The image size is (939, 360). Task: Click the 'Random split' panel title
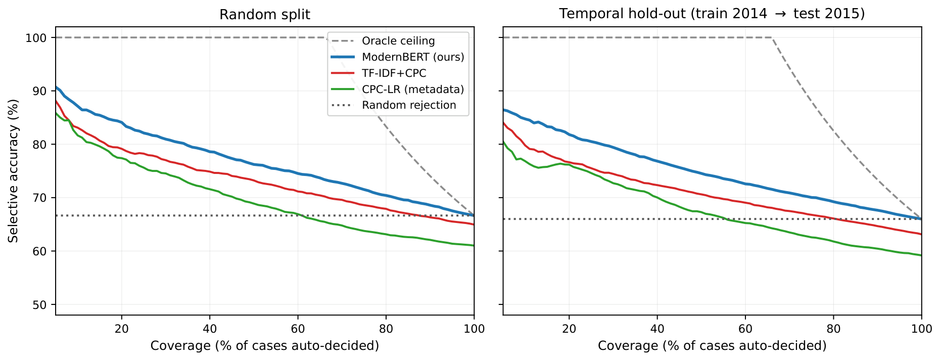pyautogui.click(x=265, y=15)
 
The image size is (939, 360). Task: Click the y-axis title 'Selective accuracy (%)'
pyautogui.click(x=13, y=171)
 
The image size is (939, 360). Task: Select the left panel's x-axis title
pyautogui.click(x=265, y=346)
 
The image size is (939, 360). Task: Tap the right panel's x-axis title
pyautogui.click(x=712, y=346)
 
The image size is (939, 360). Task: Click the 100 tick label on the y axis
pyautogui.click(x=36, y=38)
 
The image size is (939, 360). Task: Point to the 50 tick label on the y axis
pyautogui.click(x=39, y=305)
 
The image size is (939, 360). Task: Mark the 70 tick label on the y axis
pyautogui.click(x=39, y=198)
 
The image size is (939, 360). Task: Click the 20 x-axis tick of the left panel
pyautogui.click(x=121, y=329)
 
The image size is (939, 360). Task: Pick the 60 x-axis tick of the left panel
pyautogui.click(x=298, y=329)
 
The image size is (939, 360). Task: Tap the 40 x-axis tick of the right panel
pyautogui.click(x=657, y=329)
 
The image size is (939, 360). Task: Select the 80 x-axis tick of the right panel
pyautogui.click(x=833, y=329)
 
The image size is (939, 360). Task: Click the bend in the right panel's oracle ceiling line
pyautogui.click(x=772, y=37)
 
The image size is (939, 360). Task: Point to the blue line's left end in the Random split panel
pyautogui.click(x=56, y=87)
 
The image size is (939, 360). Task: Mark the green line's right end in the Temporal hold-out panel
pyautogui.click(x=921, y=255)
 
